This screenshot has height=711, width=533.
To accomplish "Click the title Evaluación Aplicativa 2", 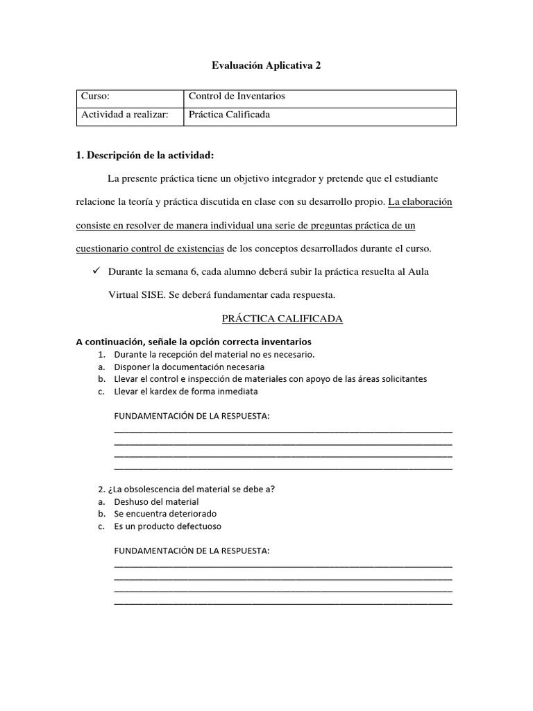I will (266, 66).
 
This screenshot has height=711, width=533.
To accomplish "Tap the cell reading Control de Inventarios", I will (237, 97).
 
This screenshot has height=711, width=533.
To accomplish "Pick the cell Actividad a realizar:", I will (125, 115).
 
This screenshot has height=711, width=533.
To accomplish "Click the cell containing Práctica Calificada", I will (229, 115).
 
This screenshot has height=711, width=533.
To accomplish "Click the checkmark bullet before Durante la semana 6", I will (97, 271).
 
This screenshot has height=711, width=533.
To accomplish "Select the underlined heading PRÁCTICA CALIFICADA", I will (282, 319).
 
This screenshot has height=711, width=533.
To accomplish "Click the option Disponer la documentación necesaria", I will (189, 367).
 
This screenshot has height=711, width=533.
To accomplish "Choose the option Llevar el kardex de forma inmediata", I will (185, 392).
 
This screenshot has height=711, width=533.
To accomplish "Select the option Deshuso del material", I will (156, 501).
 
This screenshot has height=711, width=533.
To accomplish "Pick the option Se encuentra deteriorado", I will (165, 514).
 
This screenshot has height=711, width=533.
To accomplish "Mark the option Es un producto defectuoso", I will (167, 526).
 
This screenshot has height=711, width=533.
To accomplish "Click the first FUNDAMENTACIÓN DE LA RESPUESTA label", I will (191, 416).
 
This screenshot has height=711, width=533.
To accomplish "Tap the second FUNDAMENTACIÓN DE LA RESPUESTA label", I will (191, 551).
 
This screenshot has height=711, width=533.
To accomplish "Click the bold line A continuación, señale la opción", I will (193, 342).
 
